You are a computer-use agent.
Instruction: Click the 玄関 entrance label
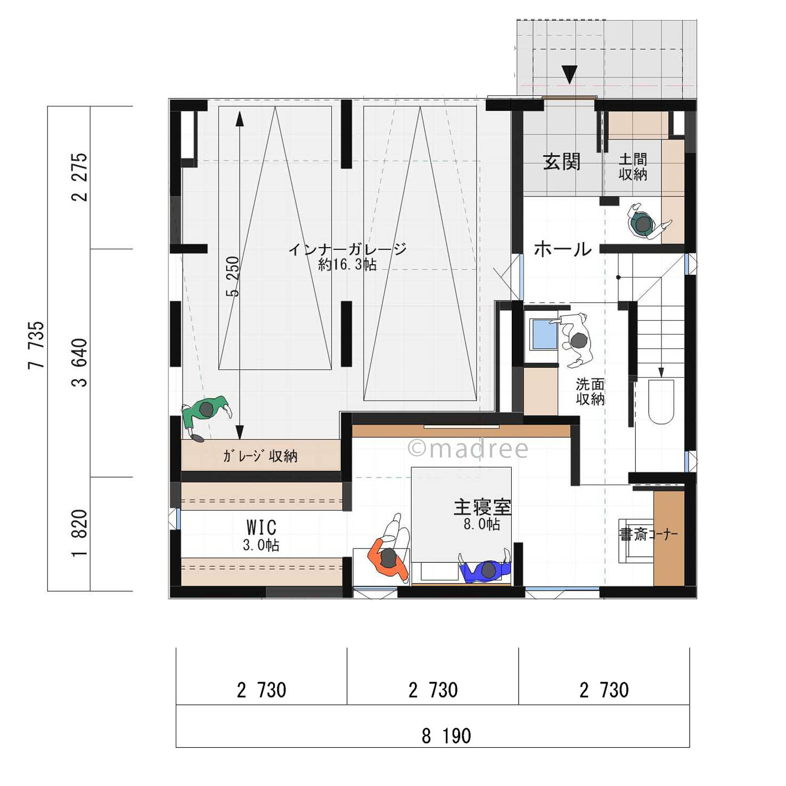click(x=561, y=161)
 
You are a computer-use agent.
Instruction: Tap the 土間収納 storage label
click(x=633, y=167)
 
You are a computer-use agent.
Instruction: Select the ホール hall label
click(x=562, y=249)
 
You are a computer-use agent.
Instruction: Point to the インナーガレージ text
click(x=347, y=249)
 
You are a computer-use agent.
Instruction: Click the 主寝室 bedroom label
click(x=482, y=507)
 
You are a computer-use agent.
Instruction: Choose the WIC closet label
click(x=261, y=527)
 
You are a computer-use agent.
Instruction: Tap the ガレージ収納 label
click(x=260, y=456)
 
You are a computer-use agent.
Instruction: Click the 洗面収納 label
click(x=590, y=391)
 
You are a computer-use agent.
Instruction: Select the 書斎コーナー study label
click(x=648, y=534)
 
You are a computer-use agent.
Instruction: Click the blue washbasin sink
click(x=545, y=334)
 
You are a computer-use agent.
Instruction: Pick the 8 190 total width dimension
click(x=446, y=736)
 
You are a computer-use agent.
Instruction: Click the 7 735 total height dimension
click(x=36, y=345)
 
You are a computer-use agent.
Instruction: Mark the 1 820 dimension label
click(x=79, y=533)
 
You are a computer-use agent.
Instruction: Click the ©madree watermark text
click(x=468, y=449)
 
